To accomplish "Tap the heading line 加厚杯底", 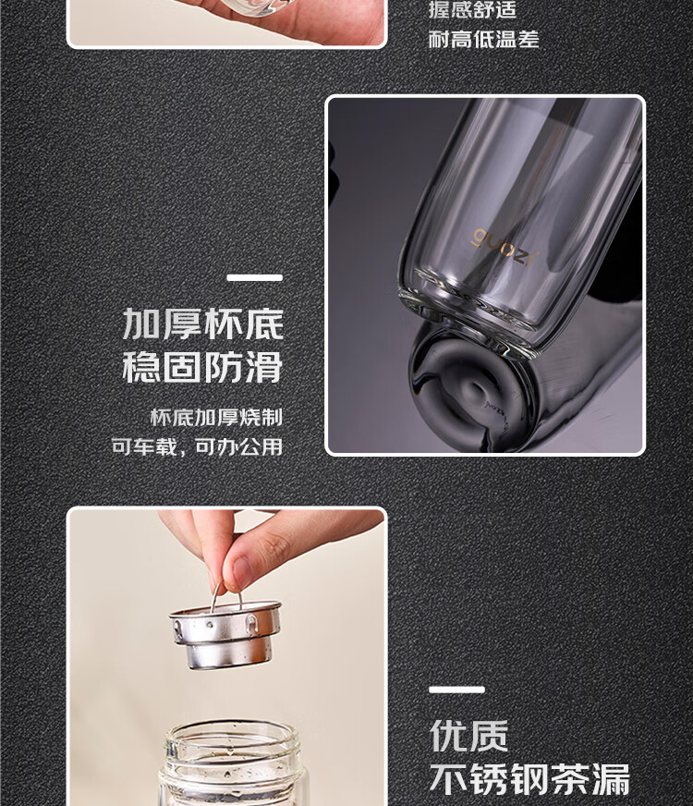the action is click(x=203, y=324).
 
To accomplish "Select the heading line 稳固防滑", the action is click(x=203, y=367).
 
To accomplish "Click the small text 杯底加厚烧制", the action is click(x=216, y=418).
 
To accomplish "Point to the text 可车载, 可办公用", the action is click(x=197, y=446).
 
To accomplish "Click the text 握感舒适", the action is click(x=472, y=10).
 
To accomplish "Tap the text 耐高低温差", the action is click(x=483, y=39).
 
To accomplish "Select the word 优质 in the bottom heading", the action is click(x=468, y=736).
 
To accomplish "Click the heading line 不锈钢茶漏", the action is click(x=529, y=779).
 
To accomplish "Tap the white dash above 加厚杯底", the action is click(x=255, y=277).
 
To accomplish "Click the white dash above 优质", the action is click(x=456, y=690).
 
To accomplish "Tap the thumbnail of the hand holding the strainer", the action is click(x=226, y=656).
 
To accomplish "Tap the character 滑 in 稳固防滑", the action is click(x=264, y=367).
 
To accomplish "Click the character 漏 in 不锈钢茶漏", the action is click(x=611, y=779).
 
